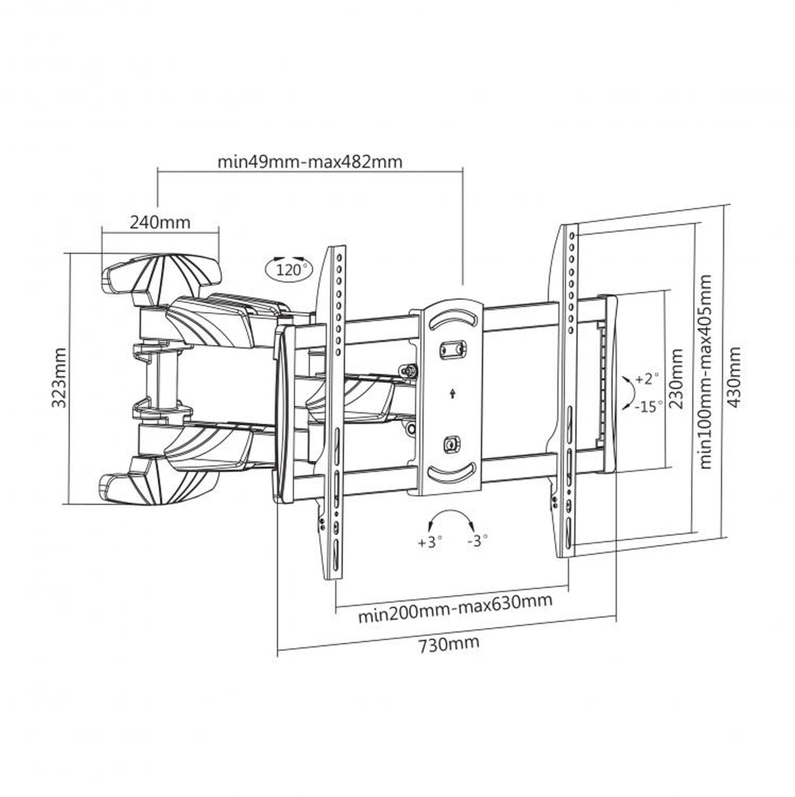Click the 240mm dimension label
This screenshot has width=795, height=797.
pyautogui.click(x=160, y=223)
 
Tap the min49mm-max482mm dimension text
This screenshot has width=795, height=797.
pyautogui.click(x=310, y=162)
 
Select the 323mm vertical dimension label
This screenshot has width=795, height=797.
pyautogui.click(x=59, y=378)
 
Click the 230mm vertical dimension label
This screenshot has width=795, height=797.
pyautogui.click(x=677, y=379)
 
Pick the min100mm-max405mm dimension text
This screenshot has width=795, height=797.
pyautogui.click(x=705, y=372)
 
